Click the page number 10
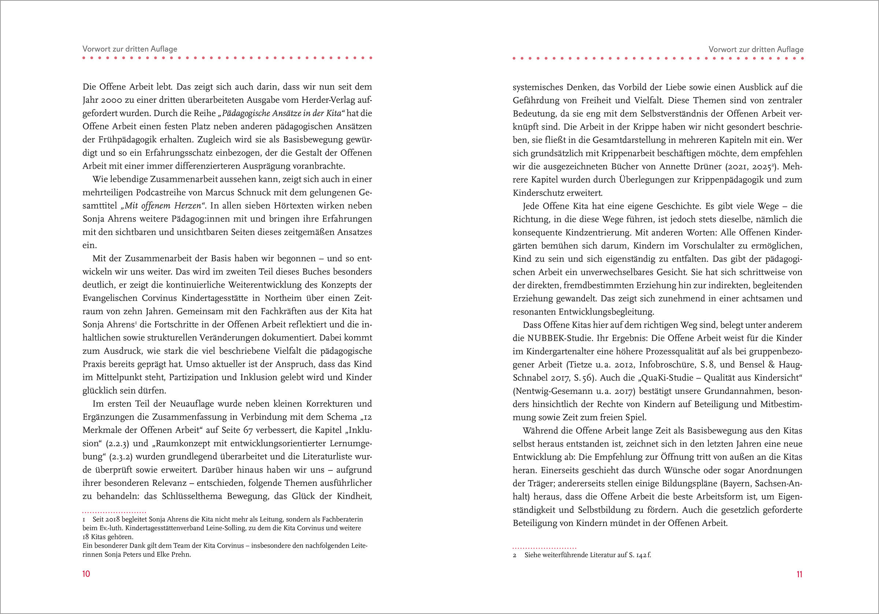tap(86, 573)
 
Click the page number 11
tap(799, 574)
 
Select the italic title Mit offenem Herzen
tap(163, 206)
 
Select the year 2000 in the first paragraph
tap(112, 100)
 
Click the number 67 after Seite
tap(248, 430)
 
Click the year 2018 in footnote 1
tap(114, 520)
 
